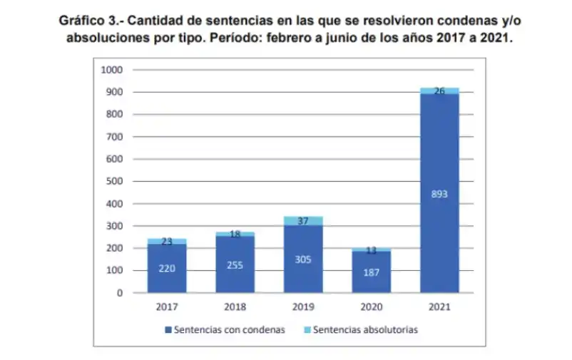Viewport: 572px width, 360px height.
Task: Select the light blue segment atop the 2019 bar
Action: (x=302, y=221)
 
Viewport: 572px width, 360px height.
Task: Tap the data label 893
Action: (x=439, y=193)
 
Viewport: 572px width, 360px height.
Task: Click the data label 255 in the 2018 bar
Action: (x=235, y=265)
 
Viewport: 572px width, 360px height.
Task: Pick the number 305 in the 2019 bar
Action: (x=302, y=259)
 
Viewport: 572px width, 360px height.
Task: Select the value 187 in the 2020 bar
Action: (x=371, y=272)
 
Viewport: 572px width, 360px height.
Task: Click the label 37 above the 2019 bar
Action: (x=302, y=221)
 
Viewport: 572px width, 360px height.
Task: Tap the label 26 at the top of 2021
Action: (x=439, y=91)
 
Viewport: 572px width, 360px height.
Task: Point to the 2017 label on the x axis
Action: (x=167, y=307)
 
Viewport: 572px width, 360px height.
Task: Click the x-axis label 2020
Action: (x=371, y=307)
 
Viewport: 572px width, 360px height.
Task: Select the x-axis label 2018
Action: (x=235, y=307)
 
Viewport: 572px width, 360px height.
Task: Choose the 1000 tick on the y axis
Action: (x=113, y=70)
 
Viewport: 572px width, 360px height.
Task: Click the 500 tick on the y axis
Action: (x=115, y=181)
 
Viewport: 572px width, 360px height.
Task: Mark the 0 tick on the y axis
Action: (x=121, y=293)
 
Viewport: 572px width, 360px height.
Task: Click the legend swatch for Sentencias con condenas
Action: (x=168, y=330)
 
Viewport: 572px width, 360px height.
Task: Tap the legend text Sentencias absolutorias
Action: (x=365, y=330)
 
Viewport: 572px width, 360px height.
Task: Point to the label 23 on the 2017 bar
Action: (x=167, y=242)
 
